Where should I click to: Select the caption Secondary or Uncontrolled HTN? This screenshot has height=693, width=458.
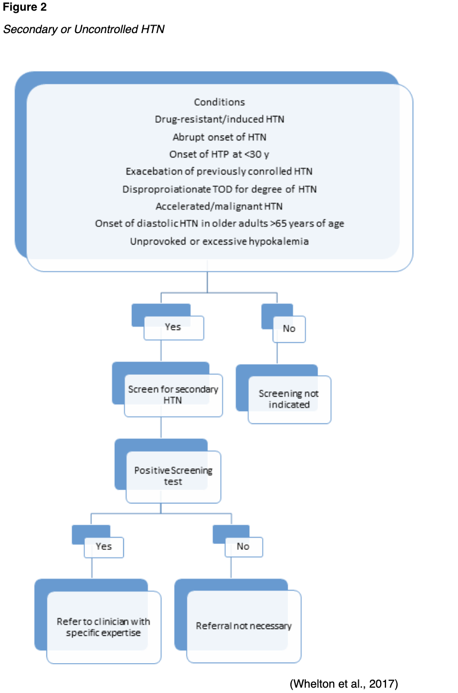[84, 29]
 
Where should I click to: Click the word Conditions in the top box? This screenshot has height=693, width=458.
[219, 102]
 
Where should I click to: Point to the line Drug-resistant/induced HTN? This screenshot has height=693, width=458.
[219, 119]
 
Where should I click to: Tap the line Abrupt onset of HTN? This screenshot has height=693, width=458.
[219, 137]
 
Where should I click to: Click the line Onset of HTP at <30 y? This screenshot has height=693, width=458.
[219, 154]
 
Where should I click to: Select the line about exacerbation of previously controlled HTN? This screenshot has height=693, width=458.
[219, 171]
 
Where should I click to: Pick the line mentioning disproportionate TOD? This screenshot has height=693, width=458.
[219, 189]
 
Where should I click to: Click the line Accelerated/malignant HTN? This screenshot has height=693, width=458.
[219, 206]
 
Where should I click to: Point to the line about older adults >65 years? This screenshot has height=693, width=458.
[219, 224]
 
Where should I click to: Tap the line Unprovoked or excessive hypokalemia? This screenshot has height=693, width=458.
[219, 241]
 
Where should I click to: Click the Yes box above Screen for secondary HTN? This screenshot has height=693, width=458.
[173, 327]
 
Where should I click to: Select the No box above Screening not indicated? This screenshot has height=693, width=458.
[289, 328]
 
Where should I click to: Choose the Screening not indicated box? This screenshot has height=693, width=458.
[289, 399]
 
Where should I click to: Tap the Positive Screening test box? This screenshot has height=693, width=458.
[173, 476]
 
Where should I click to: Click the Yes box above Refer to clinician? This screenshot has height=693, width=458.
[104, 546]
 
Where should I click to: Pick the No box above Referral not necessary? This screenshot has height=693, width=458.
[243, 546]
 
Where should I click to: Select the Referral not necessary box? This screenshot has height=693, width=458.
[243, 626]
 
